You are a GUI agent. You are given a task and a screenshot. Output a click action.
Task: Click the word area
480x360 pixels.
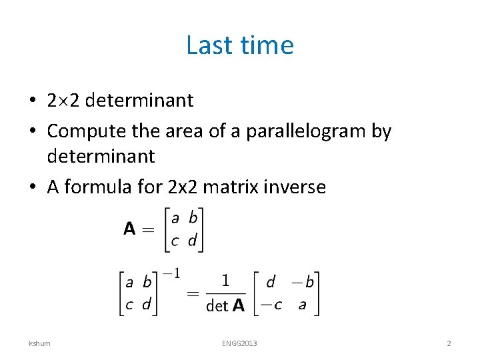[x=181, y=131]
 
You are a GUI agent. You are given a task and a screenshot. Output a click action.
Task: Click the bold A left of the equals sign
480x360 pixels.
[x=130, y=229]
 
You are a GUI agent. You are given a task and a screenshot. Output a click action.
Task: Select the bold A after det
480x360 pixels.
[x=238, y=306]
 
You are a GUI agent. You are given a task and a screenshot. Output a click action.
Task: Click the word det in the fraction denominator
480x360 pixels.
[x=217, y=306]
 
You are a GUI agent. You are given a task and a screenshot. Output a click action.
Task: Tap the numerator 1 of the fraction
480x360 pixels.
[x=225, y=281]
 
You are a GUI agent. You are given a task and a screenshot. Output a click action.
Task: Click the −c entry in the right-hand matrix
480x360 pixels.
[x=271, y=305]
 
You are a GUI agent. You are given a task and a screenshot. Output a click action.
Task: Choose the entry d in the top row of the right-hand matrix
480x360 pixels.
[x=270, y=282]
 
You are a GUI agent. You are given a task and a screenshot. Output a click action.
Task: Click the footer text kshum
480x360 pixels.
[x=39, y=343]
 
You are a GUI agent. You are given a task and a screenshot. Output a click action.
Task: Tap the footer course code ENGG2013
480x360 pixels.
[x=240, y=343]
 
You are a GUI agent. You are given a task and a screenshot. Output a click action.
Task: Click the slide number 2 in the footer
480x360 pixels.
[x=449, y=343]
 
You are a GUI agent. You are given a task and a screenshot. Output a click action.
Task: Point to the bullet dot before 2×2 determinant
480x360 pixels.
[x=32, y=101]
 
